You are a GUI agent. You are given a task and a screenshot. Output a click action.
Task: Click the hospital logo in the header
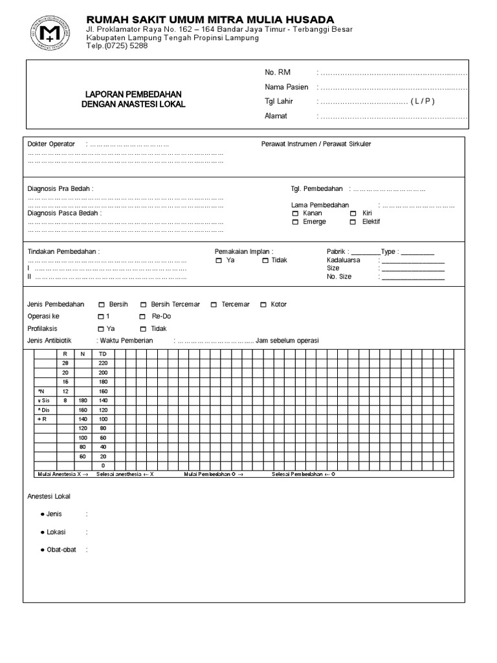[48, 32]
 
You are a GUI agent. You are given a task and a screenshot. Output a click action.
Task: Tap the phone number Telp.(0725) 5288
[117, 46]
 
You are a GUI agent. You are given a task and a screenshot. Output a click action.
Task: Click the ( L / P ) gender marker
[423, 102]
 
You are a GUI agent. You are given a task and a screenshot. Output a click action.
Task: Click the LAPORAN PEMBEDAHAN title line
[133, 94]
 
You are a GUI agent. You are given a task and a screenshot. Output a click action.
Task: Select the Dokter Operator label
[51, 144]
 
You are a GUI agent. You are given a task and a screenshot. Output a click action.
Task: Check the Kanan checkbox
[296, 213]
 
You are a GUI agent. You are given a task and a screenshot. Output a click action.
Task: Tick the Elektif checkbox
[353, 222]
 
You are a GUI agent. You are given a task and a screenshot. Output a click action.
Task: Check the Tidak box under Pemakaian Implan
[265, 260]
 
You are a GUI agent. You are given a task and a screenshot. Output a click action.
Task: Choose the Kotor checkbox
[263, 304]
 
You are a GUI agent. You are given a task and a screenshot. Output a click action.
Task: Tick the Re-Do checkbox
[142, 317]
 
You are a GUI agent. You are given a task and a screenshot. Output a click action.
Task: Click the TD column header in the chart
[102, 354]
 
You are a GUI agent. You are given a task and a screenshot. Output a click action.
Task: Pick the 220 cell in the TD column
[102, 363]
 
